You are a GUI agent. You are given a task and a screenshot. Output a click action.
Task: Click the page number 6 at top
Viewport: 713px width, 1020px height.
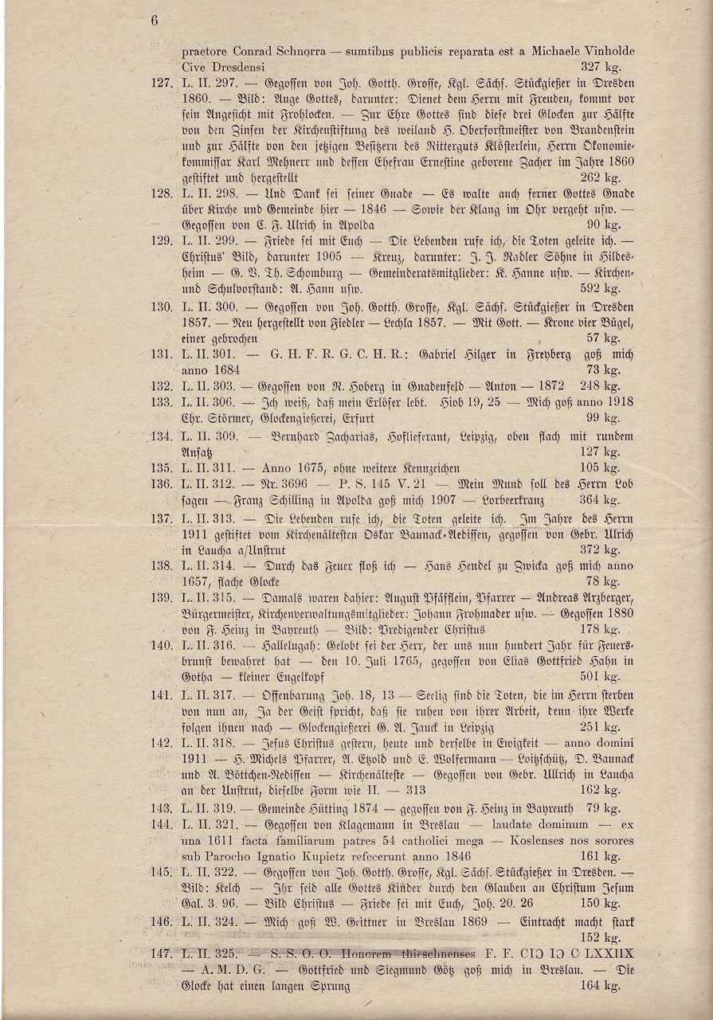pyautogui.click(x=155, y=21)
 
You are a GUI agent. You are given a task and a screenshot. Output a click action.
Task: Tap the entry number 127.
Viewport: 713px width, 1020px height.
pyautogui.click(x=161, y=83)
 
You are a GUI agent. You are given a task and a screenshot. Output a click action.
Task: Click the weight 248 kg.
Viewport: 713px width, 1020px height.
pyautogui.click(x=601, y=386)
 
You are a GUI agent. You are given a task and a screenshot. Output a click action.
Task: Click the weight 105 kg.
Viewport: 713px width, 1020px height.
pyautogui.click(x=601, y=467)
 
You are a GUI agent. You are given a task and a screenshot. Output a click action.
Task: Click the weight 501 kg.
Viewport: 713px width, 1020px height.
pyautogui.click(x=601, y=677)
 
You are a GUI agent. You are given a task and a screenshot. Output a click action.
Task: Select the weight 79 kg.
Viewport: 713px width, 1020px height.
pyautogui.click(x=604, y=808)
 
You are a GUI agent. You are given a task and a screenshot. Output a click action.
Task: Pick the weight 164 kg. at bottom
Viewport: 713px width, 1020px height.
pyautogui.click(x=601, y=986)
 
